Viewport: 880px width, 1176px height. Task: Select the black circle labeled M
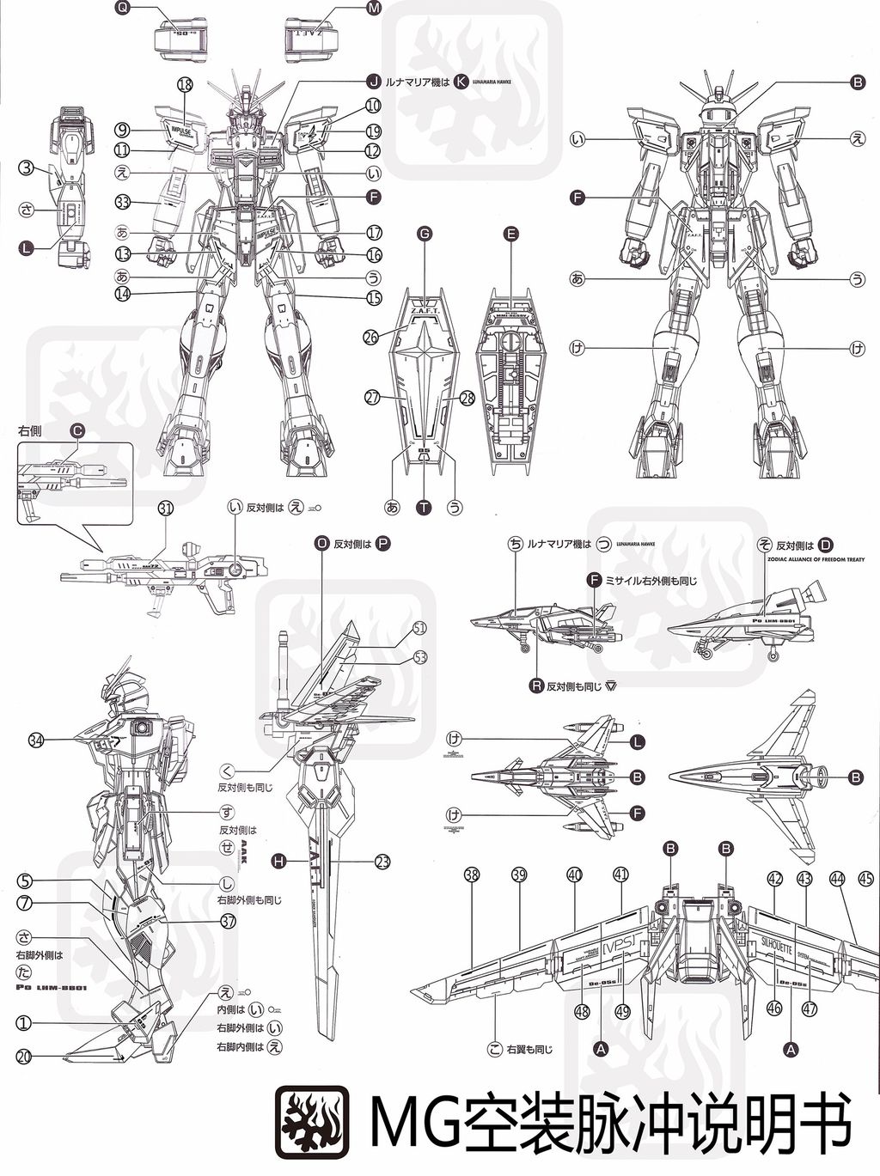point(373,8)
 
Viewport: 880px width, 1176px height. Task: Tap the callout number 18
point(184,84)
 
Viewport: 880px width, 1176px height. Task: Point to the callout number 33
point(122,204)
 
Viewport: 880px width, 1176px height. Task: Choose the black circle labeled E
point(512,233)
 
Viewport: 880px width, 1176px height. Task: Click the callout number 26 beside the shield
point(371,338)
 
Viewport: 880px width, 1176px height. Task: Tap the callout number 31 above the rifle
point(166,509)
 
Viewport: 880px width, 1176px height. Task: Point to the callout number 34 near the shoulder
point(36,740)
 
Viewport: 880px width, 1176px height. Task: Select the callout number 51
point(419,628)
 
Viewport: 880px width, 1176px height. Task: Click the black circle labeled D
point(826,545)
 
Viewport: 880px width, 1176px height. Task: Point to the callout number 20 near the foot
point(24,1057)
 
